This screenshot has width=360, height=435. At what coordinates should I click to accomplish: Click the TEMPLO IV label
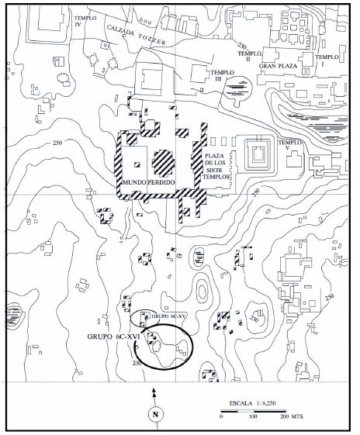pos(85,21)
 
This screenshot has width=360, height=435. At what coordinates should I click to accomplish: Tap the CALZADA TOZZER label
pos(136,35)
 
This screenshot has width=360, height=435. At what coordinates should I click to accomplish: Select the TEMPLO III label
pos(222,75)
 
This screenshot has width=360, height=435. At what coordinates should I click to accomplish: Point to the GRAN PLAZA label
pos(278,66)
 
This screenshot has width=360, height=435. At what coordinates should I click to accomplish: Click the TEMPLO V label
pos(290,145)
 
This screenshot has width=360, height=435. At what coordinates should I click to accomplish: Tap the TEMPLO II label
pos(250,56)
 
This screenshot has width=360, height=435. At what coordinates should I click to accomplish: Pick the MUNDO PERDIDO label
pos(149,182)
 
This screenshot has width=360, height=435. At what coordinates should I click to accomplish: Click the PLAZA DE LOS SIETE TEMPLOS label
pos(216,166)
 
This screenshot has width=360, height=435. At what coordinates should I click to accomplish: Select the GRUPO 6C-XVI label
pos(113,337)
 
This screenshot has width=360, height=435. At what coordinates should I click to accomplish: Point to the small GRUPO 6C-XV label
pos(167,316)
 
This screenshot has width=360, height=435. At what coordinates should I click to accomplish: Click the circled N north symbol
pos(155,415)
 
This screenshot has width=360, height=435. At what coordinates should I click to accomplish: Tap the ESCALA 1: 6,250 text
pos(252,403)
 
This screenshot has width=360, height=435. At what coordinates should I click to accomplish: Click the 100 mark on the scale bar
pos(253,416)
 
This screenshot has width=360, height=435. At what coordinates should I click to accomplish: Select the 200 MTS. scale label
pos(292,416)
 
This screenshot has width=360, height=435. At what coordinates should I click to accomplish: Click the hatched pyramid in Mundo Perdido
pos(163,164)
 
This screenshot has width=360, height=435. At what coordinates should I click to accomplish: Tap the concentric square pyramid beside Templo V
pos(258,154)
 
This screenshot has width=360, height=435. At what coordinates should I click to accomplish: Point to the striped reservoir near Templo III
pos(237,88)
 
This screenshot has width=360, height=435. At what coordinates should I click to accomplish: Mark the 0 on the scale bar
pos(221,416)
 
